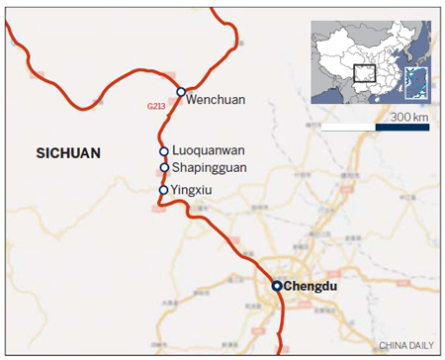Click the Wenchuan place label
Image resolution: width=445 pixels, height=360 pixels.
(217, 99)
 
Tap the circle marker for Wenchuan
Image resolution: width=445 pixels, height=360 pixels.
(181, 92)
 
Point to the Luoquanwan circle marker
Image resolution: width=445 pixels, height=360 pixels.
(164, 151)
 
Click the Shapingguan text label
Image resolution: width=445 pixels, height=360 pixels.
(211, 168)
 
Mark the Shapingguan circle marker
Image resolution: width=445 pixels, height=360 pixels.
(164, 168)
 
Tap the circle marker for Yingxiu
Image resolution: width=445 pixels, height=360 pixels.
(163, 189)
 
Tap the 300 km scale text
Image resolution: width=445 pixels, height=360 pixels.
(407, 118)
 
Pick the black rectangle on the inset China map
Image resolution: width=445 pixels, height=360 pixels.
(365, 73)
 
